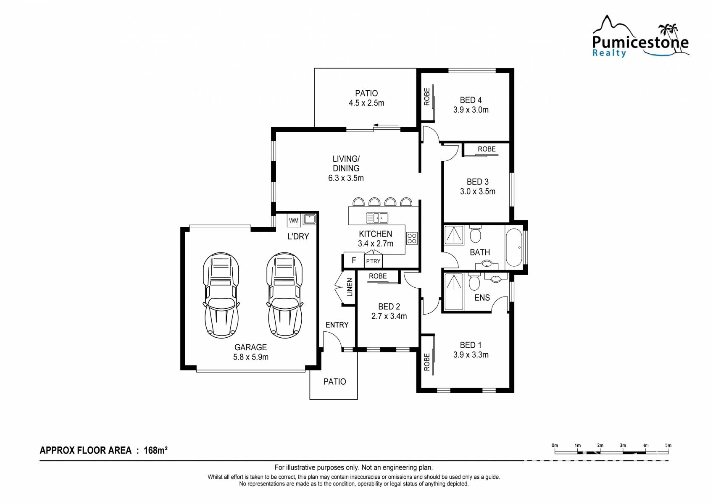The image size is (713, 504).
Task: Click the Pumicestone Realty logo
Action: click(640, 37)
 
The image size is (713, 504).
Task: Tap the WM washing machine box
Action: click(294, 220)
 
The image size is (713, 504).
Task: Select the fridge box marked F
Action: click(354, 260)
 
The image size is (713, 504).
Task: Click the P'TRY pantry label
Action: click(373, 261)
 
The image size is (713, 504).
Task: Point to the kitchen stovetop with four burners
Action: click(412, 238)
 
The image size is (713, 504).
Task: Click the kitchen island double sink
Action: click(377, 218)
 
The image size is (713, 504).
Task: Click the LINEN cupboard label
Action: click(350, 287)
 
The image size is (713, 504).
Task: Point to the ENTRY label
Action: click(337, 325)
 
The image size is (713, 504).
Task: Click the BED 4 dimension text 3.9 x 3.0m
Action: click(471, 110)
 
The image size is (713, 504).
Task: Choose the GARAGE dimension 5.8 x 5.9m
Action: click(251, 357)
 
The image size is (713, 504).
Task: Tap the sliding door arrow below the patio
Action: click(386, 125)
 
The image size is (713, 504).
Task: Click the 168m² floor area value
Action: click(155, 450)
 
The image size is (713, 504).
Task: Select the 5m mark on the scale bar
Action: click(668, 446)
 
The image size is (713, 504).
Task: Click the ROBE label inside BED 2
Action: click(378, 276)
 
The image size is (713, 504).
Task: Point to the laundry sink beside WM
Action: click(309, 219)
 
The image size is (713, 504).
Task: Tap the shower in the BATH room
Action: click(454, 235)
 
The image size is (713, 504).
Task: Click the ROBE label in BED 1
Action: click(427, 362)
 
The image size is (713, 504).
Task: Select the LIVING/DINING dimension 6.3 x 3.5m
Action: click(346, 178)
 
